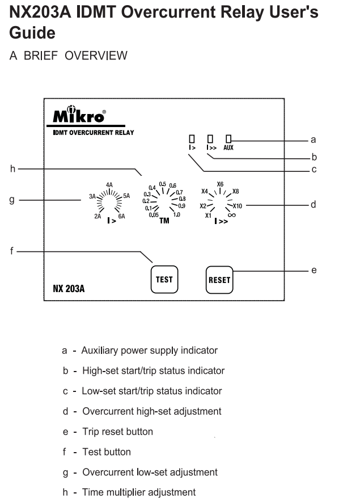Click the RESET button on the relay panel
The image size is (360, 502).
click(x=219, y=280)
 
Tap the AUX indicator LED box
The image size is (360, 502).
click(x=228, y=138)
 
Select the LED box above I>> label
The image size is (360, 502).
click(x=210, y=138)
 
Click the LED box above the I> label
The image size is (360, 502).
click(x=192, y=138)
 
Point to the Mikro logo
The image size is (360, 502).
click(x=79, y=114)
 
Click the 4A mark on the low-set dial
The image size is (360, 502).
click(x=109, y=185)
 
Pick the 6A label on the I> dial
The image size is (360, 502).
click(x=121, y=216)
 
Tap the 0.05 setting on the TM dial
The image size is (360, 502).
click(x=154, y=215)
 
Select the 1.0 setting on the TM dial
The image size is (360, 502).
click(x=177, y=214)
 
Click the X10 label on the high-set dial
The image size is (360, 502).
click(x=238, y=206)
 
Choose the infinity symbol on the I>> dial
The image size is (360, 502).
click(x=232, y=215)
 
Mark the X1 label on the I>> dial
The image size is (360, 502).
click(x=208, y=216)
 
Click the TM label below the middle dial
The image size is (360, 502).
click(x=164, y=221)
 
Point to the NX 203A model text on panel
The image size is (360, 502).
click(x=69, y=289)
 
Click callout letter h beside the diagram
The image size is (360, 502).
click(x=13, y=168)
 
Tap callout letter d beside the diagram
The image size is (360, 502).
click(x=314, y=204)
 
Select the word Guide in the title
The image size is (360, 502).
click(x=32, y=33)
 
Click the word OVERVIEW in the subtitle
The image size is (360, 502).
click(x=96, y=56)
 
